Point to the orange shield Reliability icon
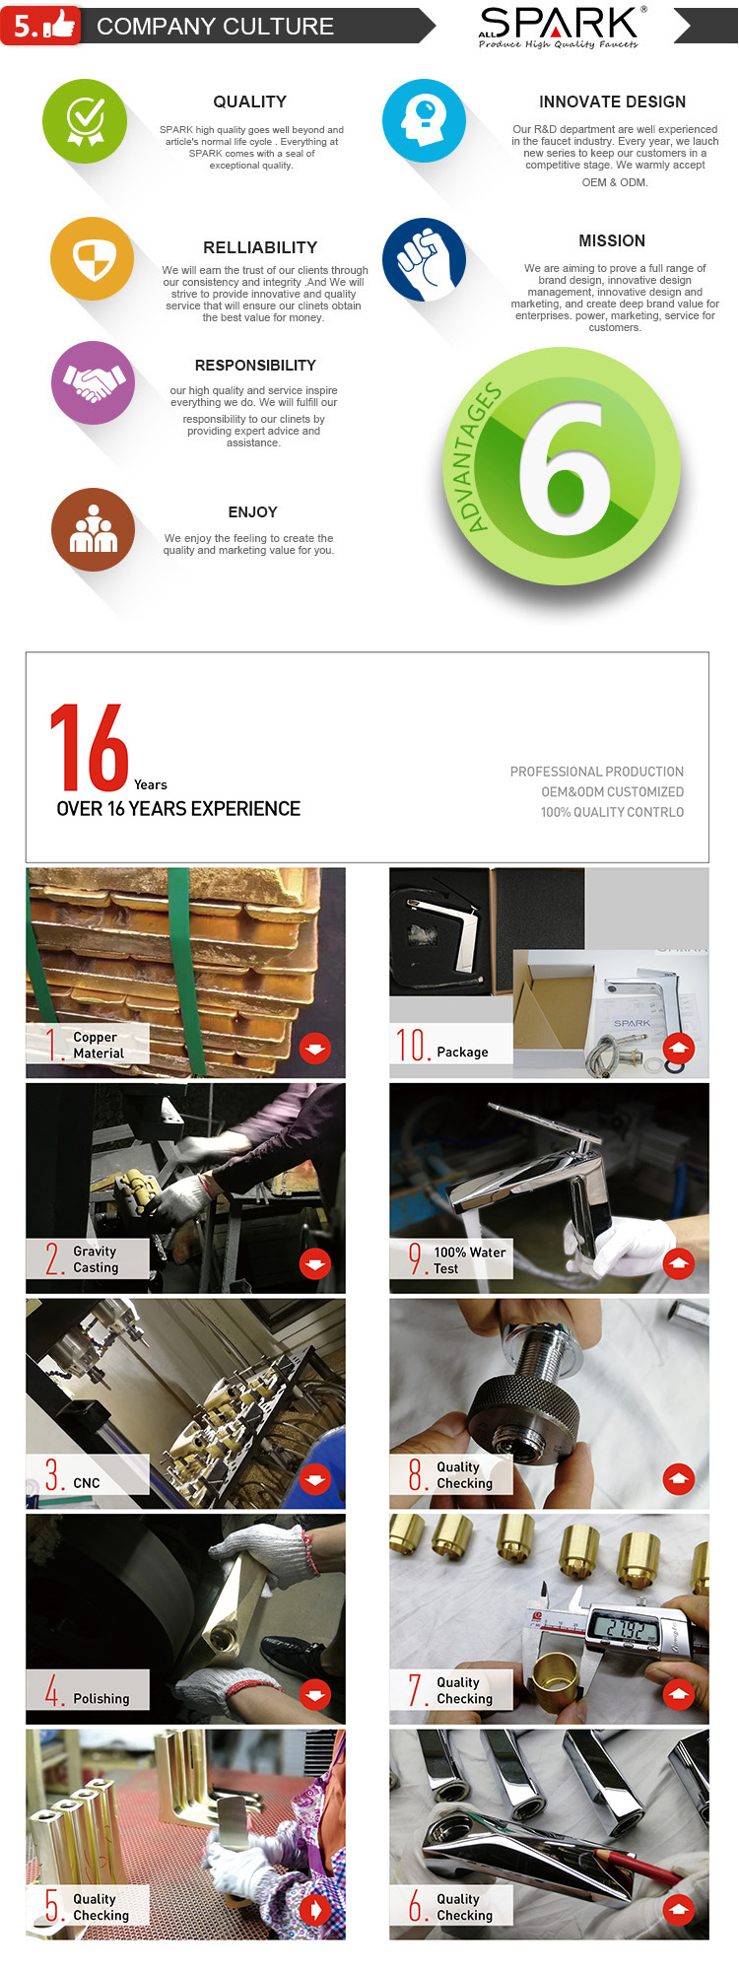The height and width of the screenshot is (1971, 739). tap(93, 259)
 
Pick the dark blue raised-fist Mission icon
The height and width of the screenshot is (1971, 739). tap(424, 260)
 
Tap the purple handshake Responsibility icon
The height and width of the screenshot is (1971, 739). tap(94, 382)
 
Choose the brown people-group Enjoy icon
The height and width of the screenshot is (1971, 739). tap(94, 529)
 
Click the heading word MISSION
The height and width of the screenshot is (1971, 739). tap(612, 240)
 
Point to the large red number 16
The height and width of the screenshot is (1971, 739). tap(89, 747)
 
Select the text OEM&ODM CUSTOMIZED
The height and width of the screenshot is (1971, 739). tap(612, 791)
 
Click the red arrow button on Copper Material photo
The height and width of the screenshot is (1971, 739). tap(315, 1049)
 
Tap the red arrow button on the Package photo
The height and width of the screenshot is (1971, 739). tap(679, 1049)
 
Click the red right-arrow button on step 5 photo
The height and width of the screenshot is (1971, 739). tap(315, 1909)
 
